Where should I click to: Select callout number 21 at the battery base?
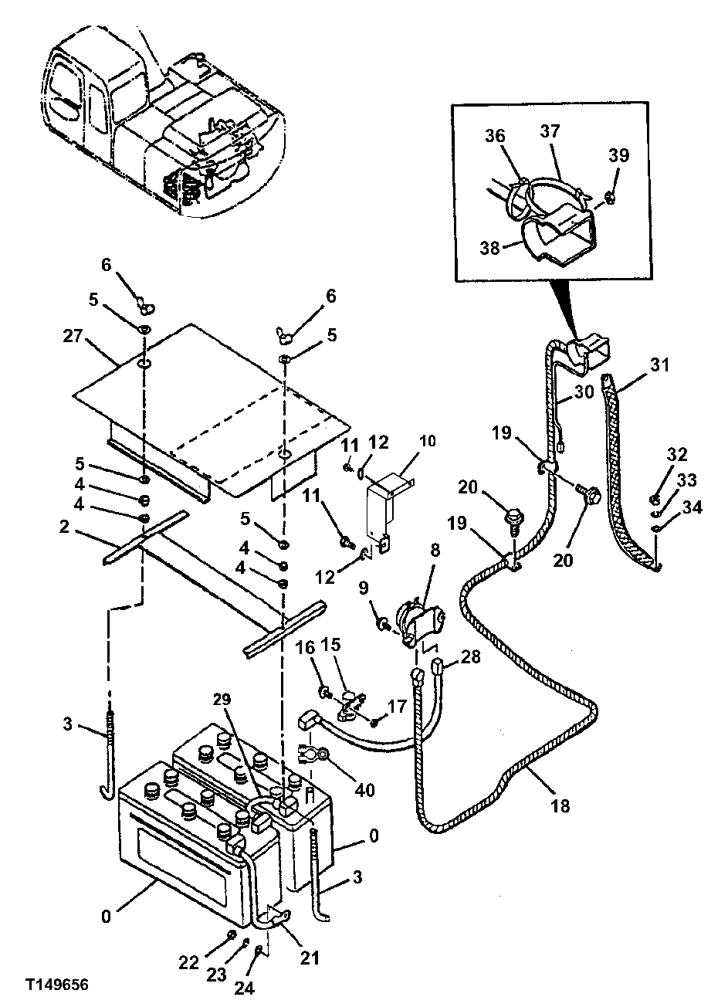tap(309, 958)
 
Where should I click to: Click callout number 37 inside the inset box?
tap(549, 132)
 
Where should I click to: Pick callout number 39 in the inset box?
tap(619, 155)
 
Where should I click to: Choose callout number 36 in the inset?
tap(495, 134)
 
